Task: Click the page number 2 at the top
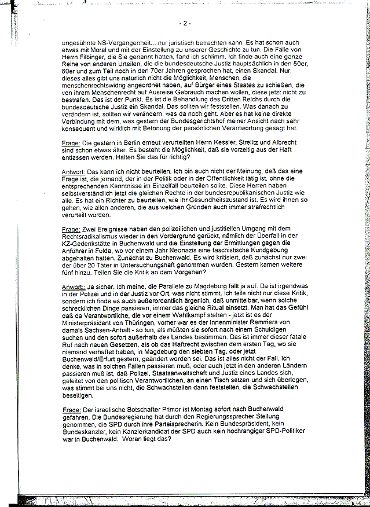coord(186,24)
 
